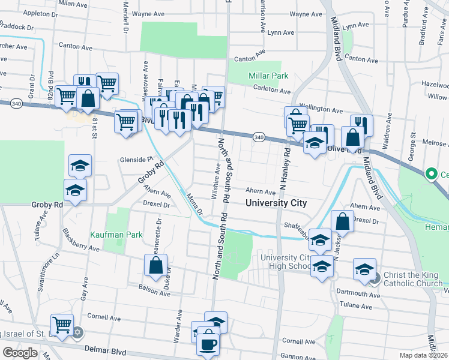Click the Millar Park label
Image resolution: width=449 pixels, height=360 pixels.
coord(269,76)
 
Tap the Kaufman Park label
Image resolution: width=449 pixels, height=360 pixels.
coord(116,235)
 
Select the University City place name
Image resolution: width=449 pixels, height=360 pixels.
coord(276,203)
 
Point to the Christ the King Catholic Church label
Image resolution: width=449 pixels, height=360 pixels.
coord(413,279)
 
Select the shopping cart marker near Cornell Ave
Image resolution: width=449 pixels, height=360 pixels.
coord(62,325)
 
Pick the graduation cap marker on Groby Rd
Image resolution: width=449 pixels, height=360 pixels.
coord(76,190)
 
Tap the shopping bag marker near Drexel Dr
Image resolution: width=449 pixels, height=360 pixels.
coord(342,221)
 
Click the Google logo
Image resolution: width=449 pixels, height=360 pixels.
coord(20,353)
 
